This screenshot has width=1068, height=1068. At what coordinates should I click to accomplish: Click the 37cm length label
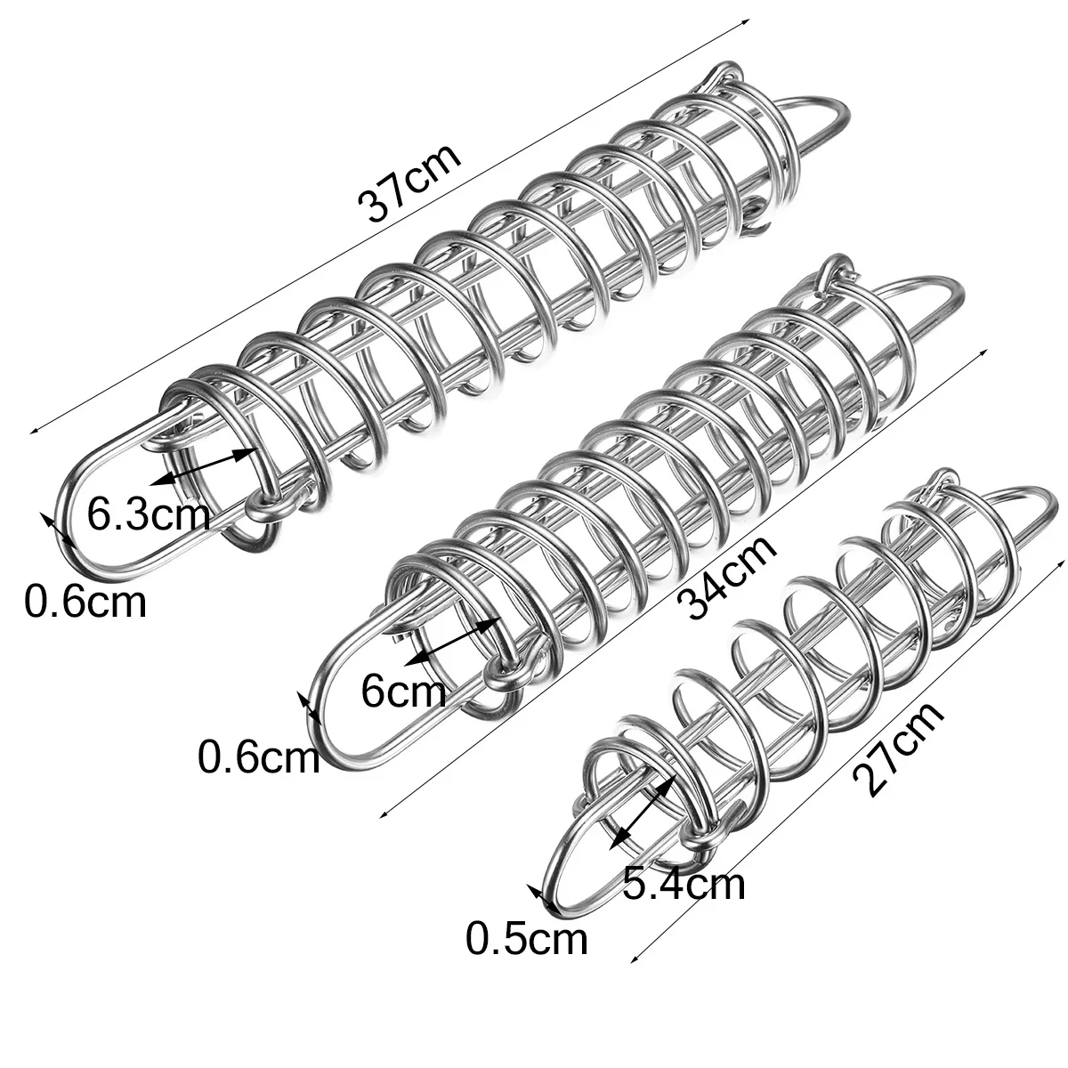tap(410, 182)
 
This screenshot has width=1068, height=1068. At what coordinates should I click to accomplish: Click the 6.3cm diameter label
tap(149, 514)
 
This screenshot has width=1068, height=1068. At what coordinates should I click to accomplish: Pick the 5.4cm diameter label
tap(683, 885)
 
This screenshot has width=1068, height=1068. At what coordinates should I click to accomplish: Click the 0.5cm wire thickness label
tap(527, 939)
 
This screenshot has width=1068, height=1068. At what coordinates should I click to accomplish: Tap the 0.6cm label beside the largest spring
tap(84, 603)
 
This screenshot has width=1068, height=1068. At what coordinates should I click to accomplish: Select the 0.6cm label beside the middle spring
tap(258, 757)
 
